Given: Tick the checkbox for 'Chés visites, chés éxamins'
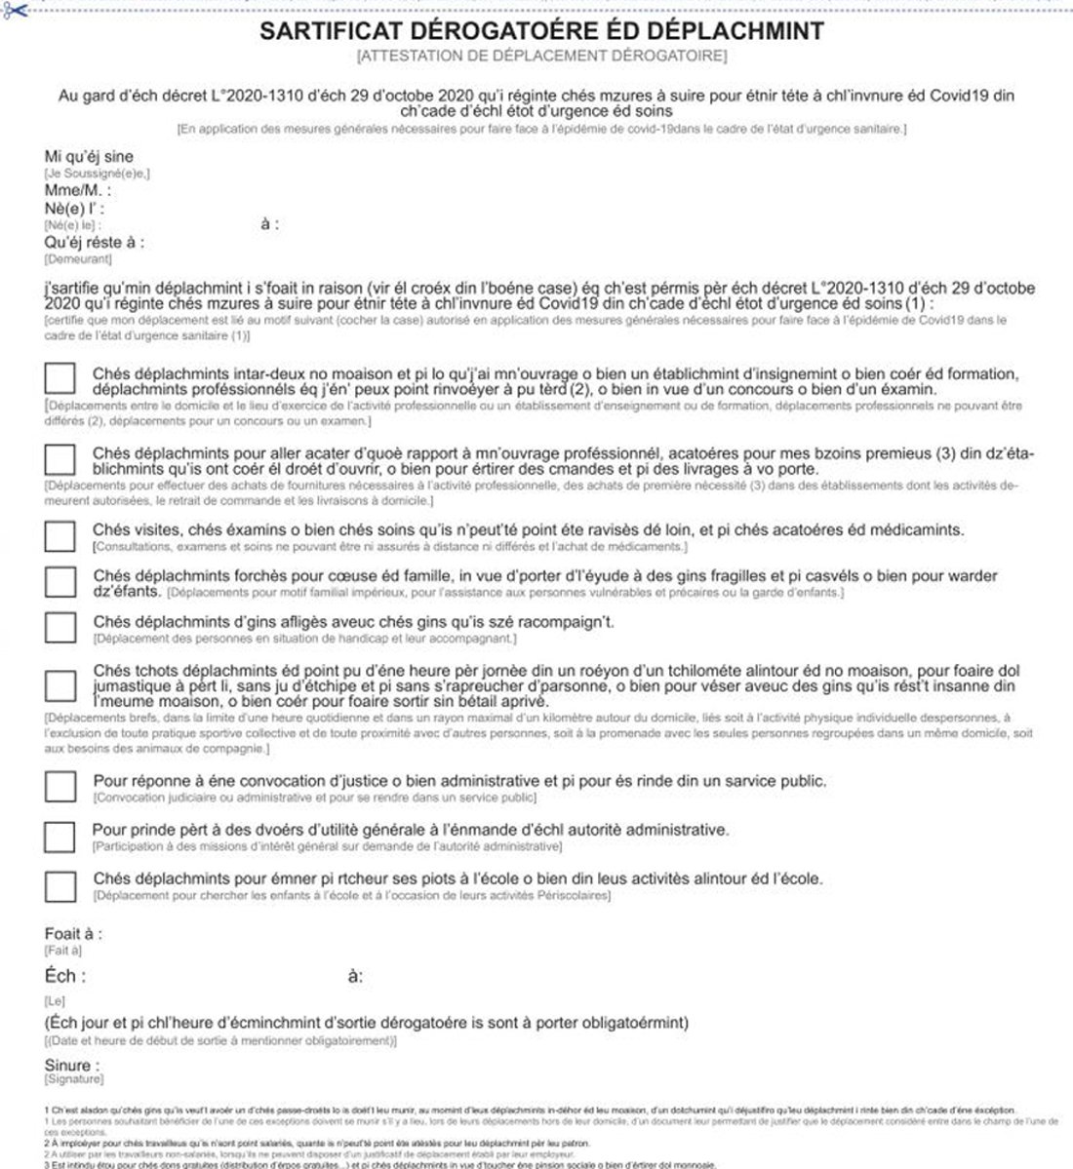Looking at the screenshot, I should click(x=60, y=535).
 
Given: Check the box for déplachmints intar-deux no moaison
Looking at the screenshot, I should click(x=60, y=379).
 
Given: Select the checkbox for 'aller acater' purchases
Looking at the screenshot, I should click(x=60, y=459).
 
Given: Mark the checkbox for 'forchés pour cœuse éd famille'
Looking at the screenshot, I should click(x=60, y=581).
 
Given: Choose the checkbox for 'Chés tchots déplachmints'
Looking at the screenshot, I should click(x=60, y=686).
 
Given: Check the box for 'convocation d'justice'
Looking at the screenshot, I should click(x=60, y=786).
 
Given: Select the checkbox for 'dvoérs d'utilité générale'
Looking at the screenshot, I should click(x=60, y=836).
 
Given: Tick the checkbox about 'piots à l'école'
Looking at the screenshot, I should click(x=60, y=885).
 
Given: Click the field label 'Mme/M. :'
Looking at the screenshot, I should click(x=78, y=191).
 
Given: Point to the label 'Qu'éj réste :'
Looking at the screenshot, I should click(x=95, y=242).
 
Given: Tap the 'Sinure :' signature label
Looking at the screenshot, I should click(x=72, y=1066).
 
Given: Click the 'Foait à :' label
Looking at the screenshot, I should click(x=73, y=934).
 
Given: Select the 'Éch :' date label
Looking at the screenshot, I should click(x=65, y=976).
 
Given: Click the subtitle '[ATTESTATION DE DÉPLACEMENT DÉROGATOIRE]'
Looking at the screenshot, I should click(x=541, y=56).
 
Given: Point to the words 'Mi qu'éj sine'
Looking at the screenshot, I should click(x=89, y=157).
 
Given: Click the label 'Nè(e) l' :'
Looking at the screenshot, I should click(x=74, y=209).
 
